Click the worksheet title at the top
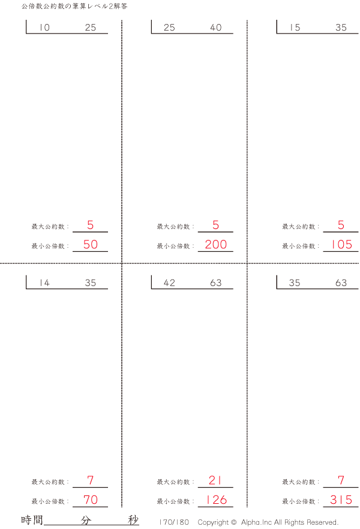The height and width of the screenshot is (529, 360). click(74, 6)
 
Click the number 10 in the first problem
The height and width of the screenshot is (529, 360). click(44, 28)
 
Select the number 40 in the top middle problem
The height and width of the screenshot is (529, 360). click(215, 28)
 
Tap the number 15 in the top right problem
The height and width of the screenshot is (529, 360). click(295, 28)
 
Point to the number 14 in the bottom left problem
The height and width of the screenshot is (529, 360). click(44, 282)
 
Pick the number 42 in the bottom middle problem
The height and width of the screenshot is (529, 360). click(169, 282)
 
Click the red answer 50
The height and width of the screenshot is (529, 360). click(91, 244)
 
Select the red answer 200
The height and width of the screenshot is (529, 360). click(215, 244)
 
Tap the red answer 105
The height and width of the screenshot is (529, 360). click(341, 244)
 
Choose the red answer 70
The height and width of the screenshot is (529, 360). click(91, 500)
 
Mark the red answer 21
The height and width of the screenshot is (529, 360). click(215, 480)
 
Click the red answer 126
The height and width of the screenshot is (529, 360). click(216, 500)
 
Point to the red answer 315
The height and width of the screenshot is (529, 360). click(341, 500)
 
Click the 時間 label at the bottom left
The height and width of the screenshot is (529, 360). click(32, 520)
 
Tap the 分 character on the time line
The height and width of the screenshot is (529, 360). click(86, 520)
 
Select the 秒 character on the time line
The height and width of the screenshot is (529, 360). click(133, 520)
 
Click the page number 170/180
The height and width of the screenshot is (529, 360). click(174, 522)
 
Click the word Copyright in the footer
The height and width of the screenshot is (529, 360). click(213, 522)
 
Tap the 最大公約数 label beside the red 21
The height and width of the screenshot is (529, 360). click(173, 482)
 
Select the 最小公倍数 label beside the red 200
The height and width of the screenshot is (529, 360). click(173, 247)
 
